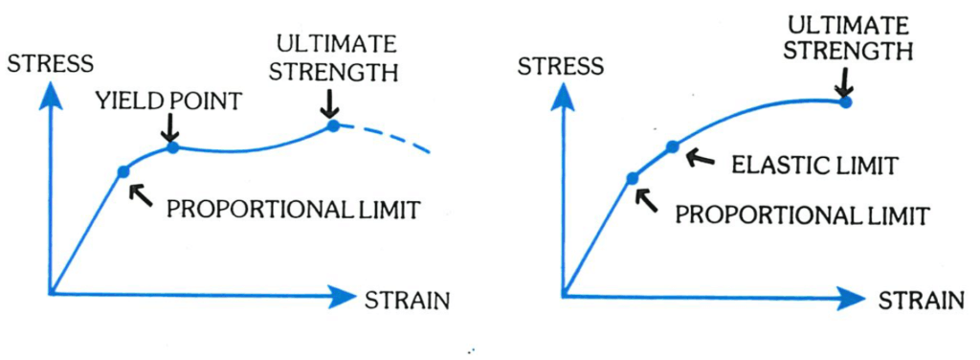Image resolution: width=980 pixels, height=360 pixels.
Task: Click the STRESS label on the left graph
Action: (50, 64)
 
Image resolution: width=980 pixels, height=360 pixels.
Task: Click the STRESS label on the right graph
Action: (560, 66)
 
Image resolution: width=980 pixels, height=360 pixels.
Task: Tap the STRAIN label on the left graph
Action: (407, 300)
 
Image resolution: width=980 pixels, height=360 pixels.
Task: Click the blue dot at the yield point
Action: (173, 146)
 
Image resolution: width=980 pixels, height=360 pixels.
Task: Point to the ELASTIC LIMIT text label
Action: (813, 165)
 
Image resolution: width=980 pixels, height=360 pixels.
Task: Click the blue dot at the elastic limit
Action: (672, 146)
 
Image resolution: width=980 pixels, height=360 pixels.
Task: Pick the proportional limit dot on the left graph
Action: (122, 171)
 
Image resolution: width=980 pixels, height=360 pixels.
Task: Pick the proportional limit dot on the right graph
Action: (632, 178)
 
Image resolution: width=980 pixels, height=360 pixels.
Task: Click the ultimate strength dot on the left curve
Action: (333, 125)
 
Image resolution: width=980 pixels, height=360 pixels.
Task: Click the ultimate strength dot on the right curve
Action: (844, 101)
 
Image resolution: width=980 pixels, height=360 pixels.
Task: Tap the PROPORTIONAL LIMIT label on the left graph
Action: (293, 210)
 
